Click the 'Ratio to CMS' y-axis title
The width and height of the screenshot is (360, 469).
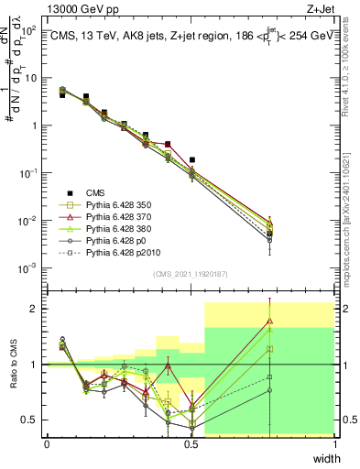click(13, 365)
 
